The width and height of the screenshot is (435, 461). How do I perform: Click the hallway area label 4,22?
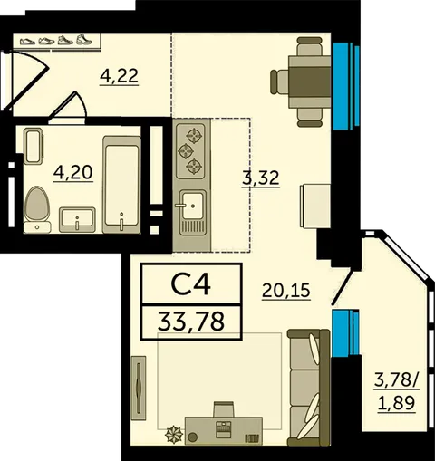point(119,76)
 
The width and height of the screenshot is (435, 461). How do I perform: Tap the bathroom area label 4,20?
point(73,173)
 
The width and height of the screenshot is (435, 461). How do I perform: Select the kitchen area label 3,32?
point(260,178)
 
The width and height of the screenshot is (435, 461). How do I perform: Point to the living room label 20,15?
point(286,291)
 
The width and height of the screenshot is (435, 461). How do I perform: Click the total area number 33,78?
point(191,322)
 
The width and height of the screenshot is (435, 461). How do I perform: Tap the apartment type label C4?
point(190,284)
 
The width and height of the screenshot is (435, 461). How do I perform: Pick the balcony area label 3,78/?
point(397,380)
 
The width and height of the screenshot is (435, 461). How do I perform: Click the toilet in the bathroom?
point(37,209)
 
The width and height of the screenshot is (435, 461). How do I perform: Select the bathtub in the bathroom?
point(121,185)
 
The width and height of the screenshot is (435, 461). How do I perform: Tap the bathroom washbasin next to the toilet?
point(77,219)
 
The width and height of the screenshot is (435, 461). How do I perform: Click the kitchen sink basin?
point(192,206)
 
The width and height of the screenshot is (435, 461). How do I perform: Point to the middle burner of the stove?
point(185,150)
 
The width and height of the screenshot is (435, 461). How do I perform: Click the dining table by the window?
point(309,82)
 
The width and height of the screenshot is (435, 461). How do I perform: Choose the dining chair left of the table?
point(279,82)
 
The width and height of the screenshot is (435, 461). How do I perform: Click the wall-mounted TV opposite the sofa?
point(139,388)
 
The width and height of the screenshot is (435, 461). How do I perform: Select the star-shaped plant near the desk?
point(174,435)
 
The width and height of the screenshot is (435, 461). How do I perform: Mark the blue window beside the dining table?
point(346,86)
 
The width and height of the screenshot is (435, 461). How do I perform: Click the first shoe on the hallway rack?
point(28,41)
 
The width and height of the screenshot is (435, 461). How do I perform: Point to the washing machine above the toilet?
point(33,146)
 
